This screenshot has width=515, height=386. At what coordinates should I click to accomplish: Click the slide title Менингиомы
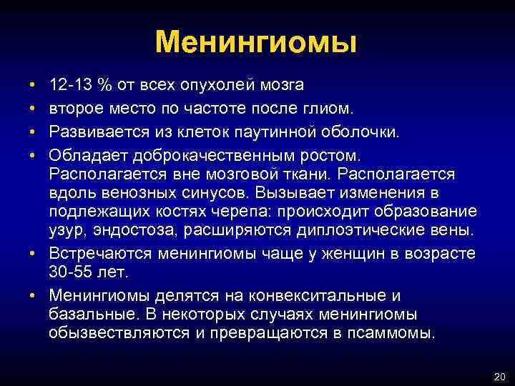click(x=255, y=43)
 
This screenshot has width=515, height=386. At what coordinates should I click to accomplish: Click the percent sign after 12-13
click(x=105, y=86)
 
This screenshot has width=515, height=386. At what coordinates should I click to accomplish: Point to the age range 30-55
click(x=72, y=272)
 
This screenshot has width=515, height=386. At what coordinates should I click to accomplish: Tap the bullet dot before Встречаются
click(x=34, y=254)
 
